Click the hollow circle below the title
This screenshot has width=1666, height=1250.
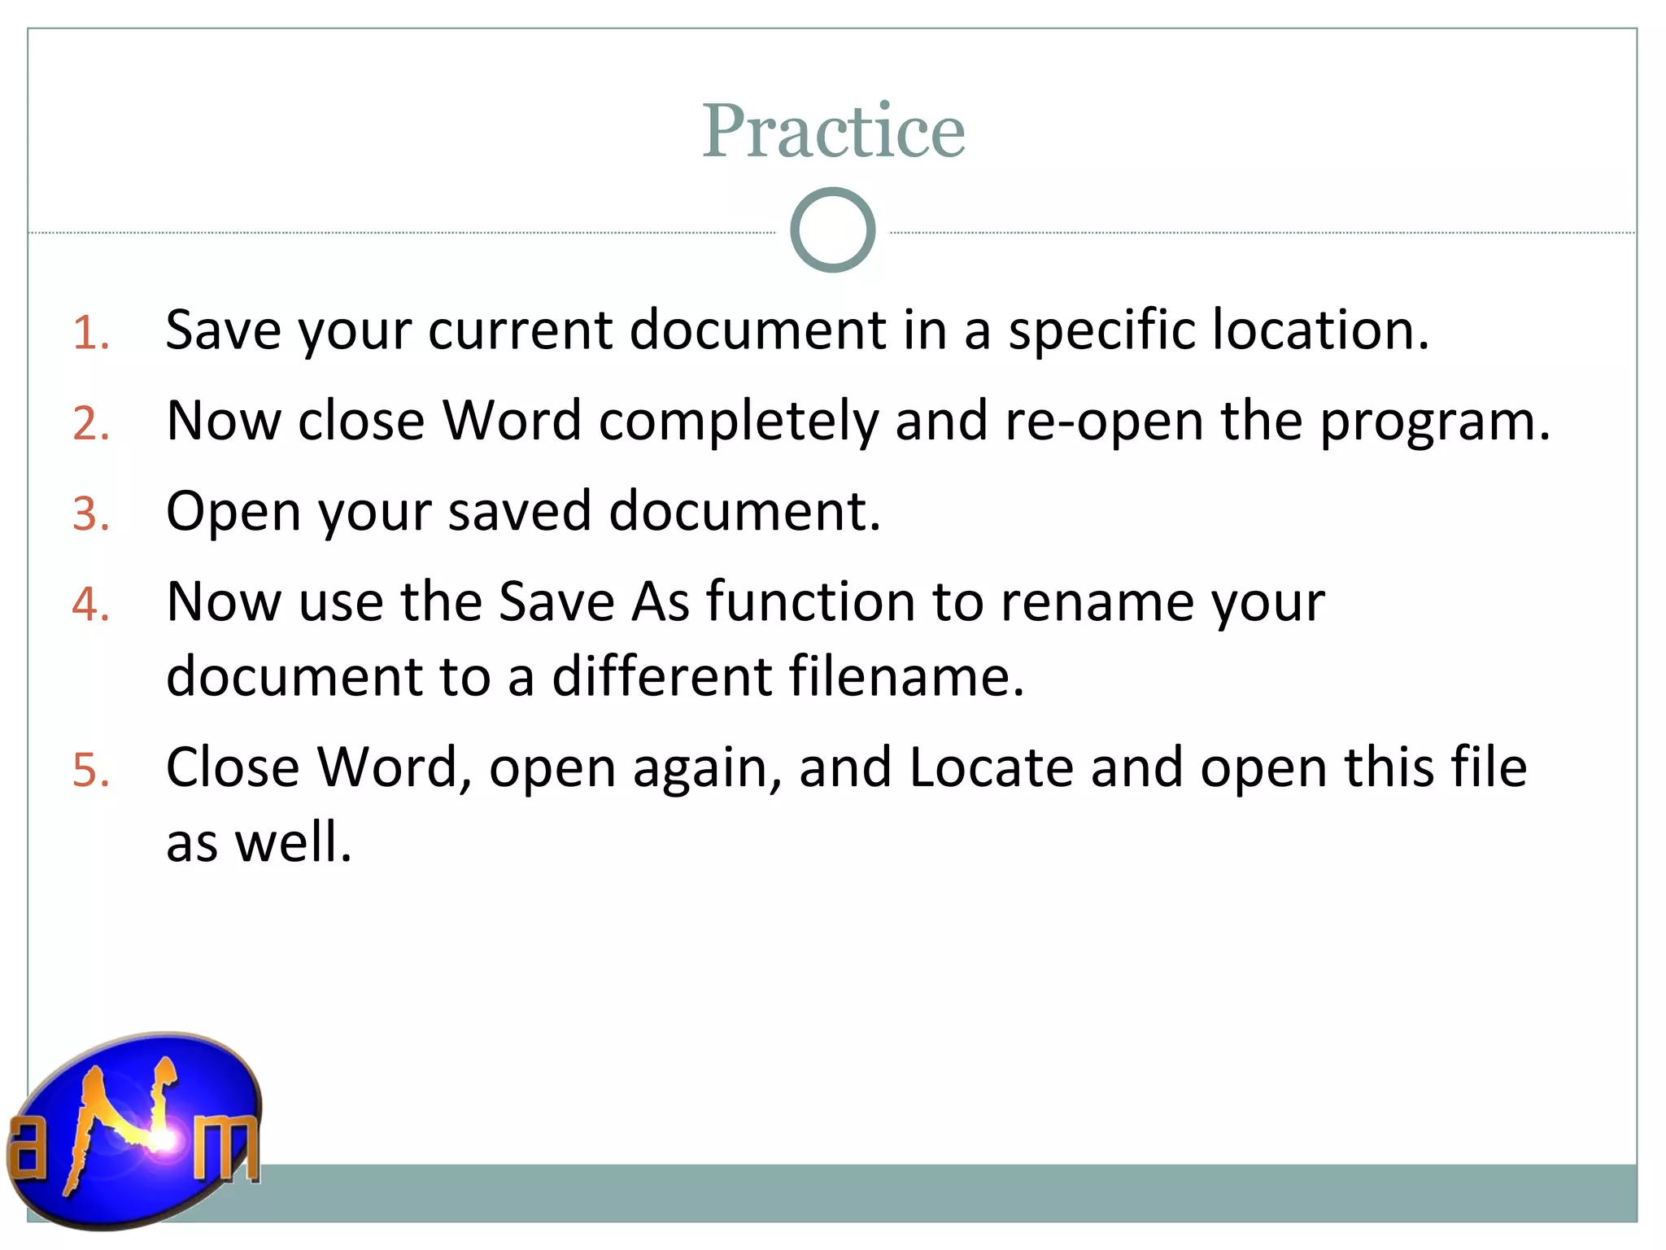point(832,230)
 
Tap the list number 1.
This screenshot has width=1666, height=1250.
point(90,334)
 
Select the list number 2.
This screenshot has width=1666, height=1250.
point(90,424)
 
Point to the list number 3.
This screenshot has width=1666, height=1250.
point(90,514)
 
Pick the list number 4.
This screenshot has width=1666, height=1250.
point(90,605)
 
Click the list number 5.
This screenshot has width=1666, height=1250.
point(90,770)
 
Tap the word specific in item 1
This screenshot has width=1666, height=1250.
point(1101,332)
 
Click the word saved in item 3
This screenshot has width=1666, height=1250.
point(519,512)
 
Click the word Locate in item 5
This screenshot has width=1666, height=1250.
point(991,767)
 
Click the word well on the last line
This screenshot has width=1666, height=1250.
point(293,841)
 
